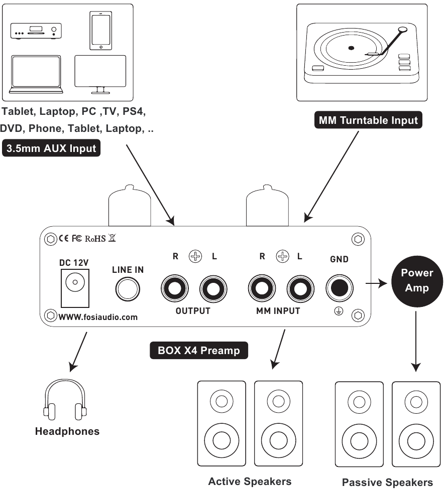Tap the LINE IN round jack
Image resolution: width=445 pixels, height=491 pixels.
click(x=128, y=289)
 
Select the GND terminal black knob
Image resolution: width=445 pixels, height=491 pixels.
click(x=339, y=288)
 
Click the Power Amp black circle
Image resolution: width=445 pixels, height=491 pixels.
click(x=416, y=280)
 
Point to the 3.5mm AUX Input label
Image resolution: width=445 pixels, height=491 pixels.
click(x=51, y=148)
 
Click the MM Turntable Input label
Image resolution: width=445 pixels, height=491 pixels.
click(x=368, y=120)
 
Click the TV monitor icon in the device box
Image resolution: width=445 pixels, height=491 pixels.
click(x=100, y=73)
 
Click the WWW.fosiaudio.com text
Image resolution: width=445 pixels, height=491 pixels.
click(x=97, y=317)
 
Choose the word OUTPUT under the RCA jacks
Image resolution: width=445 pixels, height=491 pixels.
click(x=193, y=311)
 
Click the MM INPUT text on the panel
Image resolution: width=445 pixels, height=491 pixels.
click(x=278, y=311)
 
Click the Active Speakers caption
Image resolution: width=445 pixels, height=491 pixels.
click(x=250, y=481)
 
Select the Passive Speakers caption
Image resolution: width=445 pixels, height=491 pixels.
click(x=387, y=482)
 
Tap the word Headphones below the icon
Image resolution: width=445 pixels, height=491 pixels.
click(x=67, y=431)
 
